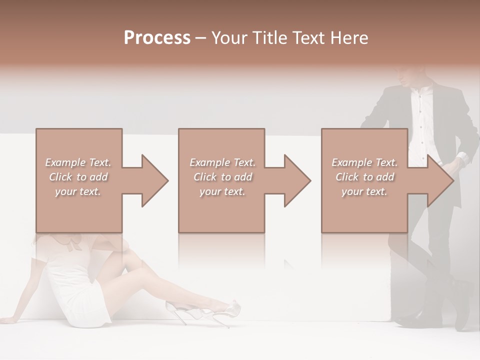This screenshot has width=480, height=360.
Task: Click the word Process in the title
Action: [x=157, y=37]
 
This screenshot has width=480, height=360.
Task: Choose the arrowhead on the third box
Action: [x=440, y=180]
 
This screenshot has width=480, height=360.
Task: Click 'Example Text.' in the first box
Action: [x=78, y=162]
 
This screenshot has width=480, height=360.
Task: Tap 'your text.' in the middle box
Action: [x=222, y=191]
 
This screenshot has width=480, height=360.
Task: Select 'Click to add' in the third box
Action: [x=364, y=177]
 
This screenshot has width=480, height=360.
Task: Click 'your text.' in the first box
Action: [x=78, y=191]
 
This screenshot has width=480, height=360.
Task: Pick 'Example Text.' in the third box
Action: [x=364, y=162]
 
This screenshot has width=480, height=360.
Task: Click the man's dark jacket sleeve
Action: [x=465, y=130]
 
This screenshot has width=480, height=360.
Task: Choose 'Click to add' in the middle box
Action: [x=222, y=177]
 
